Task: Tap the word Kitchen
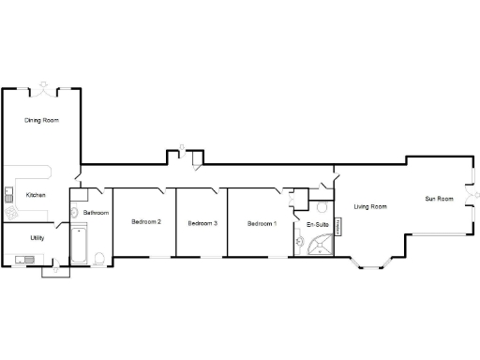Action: (x=36, y=195)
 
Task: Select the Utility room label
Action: (x=37, y=238)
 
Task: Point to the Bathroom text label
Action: (x=96, y=214)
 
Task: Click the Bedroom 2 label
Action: (x=146, y=222)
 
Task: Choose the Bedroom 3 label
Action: (x=202, y=223)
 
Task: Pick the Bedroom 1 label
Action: (x=262, y=223)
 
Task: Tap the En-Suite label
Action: (x=317, y=225)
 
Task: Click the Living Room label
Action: (x=370, y=206)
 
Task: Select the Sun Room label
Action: (x=439, y=199)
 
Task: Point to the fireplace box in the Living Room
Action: (x=338, y=226)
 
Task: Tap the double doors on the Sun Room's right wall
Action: (x=470, y=202)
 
